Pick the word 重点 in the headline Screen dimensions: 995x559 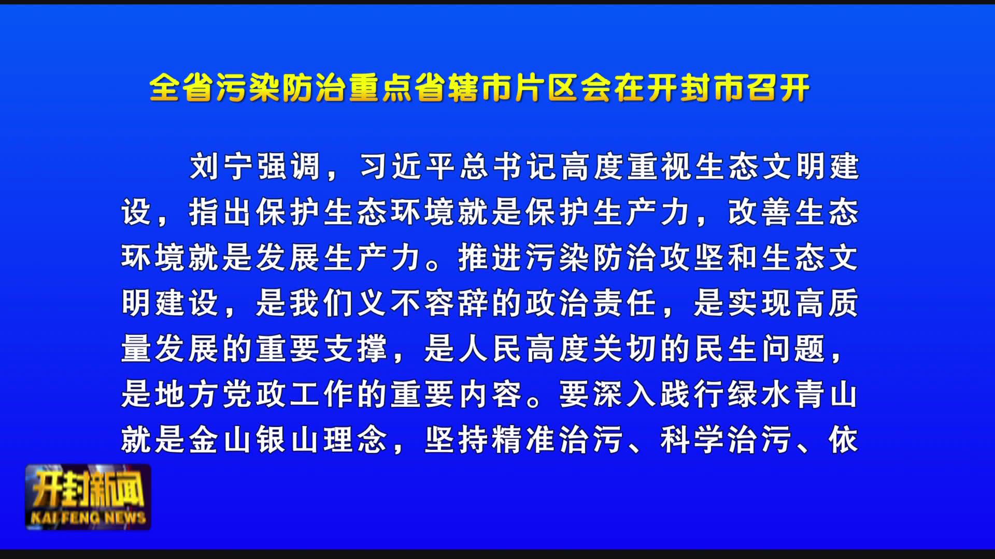point(380,88)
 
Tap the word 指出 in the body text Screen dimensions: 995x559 point(221,212)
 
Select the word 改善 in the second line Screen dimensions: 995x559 point(760,212)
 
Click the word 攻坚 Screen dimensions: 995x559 point(692,258)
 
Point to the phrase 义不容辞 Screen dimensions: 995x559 point(423,303)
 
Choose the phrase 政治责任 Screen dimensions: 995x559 point(591,303)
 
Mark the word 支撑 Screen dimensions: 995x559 point(356,349)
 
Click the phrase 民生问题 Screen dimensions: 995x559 point(760,349)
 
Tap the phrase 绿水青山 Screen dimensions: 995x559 point(793,394)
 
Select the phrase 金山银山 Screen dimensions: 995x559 point(254,440)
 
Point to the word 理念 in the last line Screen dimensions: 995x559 point(356,440)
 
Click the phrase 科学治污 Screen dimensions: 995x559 point(726,440)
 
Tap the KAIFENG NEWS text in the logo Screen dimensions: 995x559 point(88,518)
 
